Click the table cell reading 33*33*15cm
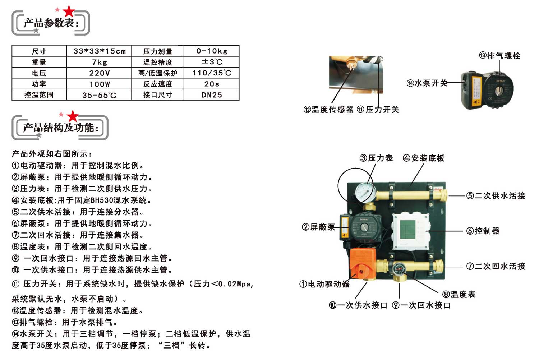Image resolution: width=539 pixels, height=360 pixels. point(99,51)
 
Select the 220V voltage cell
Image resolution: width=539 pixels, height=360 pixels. point(99,73)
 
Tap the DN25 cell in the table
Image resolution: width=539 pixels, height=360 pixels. point(211,95)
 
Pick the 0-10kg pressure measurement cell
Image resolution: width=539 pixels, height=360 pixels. point(211,51)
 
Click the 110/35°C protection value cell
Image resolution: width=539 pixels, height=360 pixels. point(211,73)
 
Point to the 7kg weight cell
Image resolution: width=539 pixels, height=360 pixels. point(99,62)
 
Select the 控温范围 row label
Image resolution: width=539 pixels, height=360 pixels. point(39,95)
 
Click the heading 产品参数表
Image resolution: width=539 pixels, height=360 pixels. point(51,23)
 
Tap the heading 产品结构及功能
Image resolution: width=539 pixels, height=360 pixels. point(61,128)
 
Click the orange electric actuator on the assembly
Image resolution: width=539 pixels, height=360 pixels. point(362,263)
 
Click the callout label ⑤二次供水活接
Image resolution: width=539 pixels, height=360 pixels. point(496,196)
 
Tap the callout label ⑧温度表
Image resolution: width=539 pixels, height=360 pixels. point(459,294)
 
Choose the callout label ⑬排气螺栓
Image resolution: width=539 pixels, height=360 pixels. point(499,56)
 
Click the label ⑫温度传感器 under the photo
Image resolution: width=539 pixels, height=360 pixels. point(328,110)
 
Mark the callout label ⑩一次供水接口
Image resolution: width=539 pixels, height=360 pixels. point(358,305)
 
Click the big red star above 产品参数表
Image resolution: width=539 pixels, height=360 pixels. point(69,11)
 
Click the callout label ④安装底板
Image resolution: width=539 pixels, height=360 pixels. point(424,158)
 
